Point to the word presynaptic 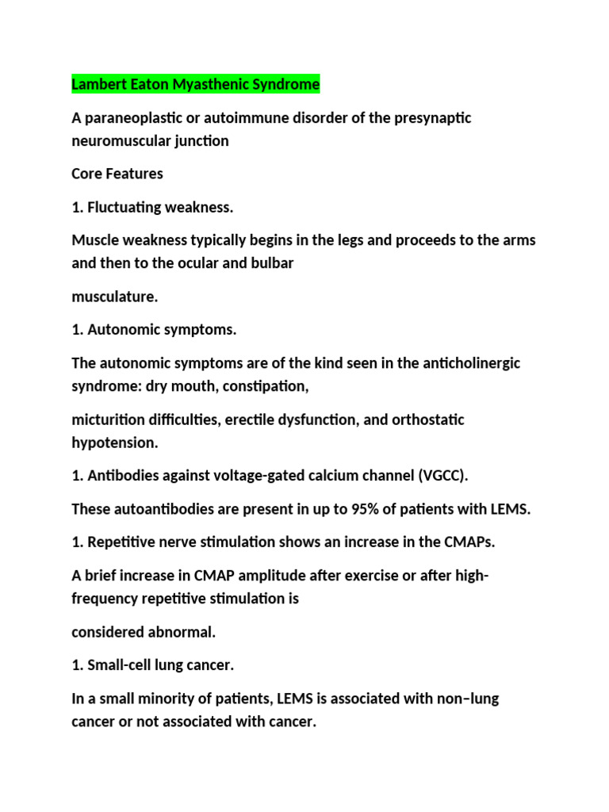[x=428, y=118]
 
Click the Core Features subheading [x=117, y=173]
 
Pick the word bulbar [x=273, y=262]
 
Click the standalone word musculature [x=115, y=297]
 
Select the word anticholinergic [x=469, y=363]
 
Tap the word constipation [x=268, y=385]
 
